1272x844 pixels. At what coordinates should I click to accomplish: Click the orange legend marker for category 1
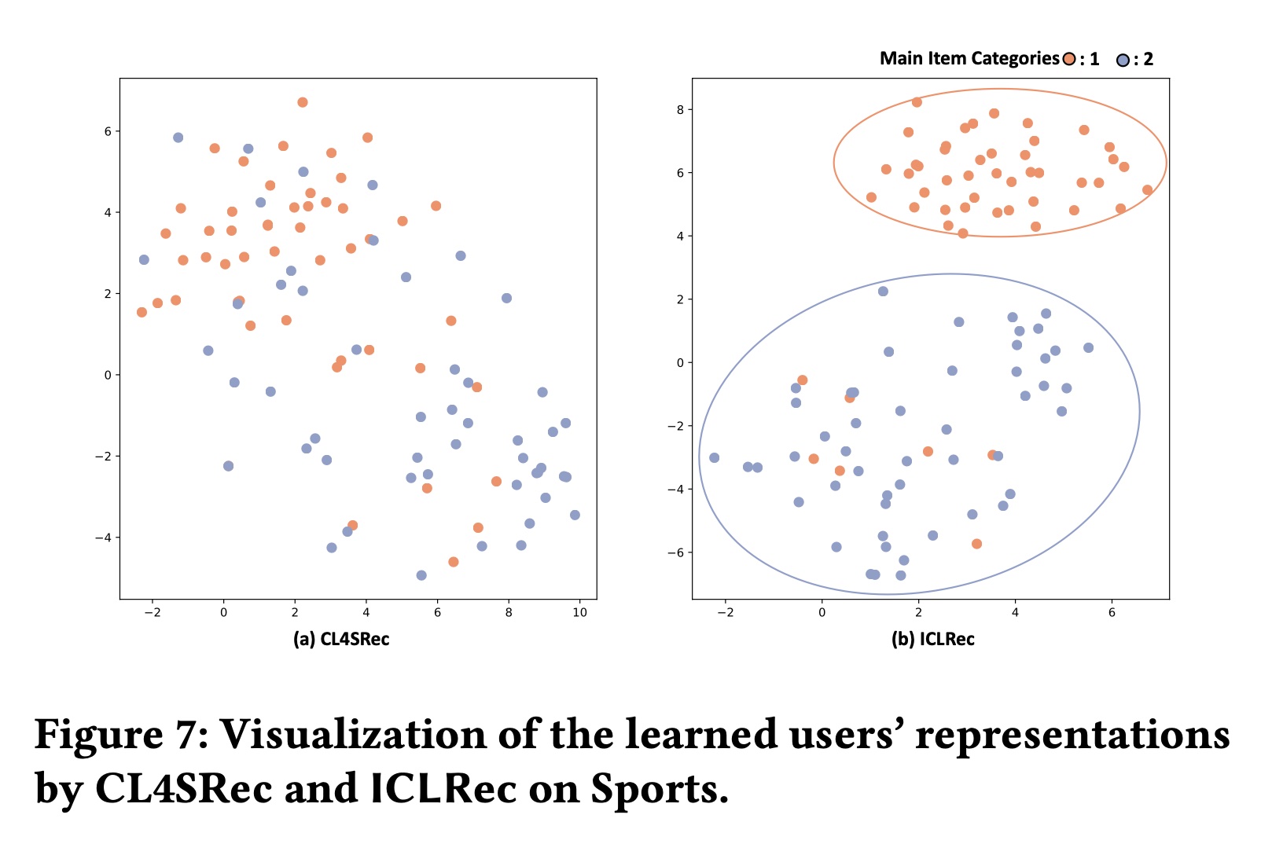point(1068,59)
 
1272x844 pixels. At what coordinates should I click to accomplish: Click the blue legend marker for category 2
point(1123,60)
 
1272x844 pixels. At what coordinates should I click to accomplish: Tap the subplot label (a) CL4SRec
point(341,639)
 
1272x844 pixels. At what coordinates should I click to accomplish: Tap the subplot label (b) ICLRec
point(932,639)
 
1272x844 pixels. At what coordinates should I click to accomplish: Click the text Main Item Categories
point(969,59)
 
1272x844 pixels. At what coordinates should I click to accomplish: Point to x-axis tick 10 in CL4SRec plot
point(579,613)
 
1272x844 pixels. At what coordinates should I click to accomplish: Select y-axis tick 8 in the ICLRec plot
point(679,109)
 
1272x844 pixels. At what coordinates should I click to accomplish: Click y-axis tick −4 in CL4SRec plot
point(102,538)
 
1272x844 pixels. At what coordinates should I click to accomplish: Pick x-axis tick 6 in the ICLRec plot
point(1112,613)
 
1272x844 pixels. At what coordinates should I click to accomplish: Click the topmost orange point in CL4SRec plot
point(303,102)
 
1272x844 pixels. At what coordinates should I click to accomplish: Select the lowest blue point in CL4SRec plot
point(421,575)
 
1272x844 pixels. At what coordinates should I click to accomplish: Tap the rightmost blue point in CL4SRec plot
point(575,515)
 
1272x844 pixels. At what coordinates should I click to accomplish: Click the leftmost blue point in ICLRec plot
point(714,457)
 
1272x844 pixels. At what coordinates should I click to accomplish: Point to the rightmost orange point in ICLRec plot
point(1147,189)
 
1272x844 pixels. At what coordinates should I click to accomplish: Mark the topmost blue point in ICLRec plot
point(883,291)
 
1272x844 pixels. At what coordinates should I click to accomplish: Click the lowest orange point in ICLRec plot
point(976,544)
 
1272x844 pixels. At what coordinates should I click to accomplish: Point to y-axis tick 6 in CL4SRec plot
point(108,131)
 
